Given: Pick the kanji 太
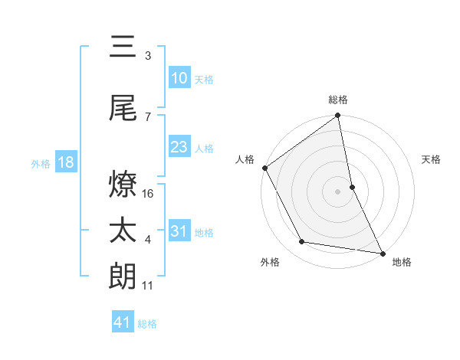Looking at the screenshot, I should point(123,231).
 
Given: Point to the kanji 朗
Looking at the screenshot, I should point(123,276).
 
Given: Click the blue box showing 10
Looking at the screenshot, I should point(179,78).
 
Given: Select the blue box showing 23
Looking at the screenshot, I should point(179,147).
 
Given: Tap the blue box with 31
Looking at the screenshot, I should point(179,231).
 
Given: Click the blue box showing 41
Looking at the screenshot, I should point(123,322).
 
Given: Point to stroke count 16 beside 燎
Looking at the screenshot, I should point(149,193).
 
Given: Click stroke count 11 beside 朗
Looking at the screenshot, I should point(148,286).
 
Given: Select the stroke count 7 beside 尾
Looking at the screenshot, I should point(148,116).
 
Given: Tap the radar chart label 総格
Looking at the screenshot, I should point(338,100).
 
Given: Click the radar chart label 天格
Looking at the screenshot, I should point(431,159).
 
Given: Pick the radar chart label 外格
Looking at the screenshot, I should point(270,262).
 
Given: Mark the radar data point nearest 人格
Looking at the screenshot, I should point(264,168).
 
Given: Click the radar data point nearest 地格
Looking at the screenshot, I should point(382,252).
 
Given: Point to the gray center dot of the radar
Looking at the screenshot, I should point(337,191).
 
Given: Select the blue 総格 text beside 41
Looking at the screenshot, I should point(147,324).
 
